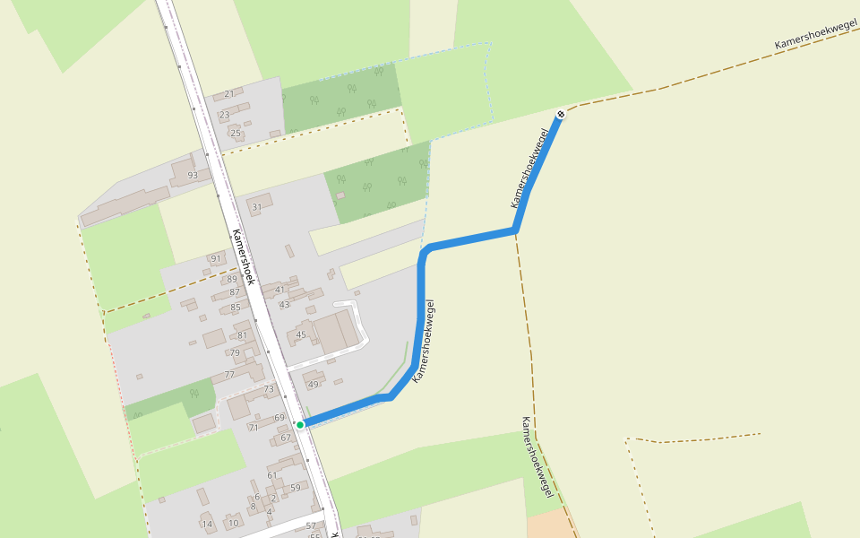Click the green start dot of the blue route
300,424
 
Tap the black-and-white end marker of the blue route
560,114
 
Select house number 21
228,94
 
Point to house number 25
236,134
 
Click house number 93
192,175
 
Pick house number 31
257,207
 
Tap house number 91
215,259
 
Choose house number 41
279,290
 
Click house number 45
301,335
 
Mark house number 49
313,385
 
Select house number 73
269,389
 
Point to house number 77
229,375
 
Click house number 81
242,335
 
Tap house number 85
236,308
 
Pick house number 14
206,525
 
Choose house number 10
233,524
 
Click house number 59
295,488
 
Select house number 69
279,418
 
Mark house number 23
224,115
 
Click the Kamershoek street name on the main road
244,257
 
